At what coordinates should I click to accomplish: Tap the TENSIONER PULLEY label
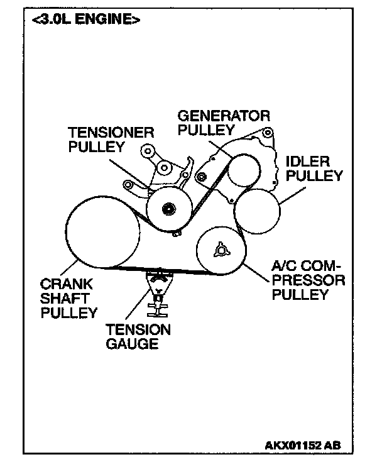112,139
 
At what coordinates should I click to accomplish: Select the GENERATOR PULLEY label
224,123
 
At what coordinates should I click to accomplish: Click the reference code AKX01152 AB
303,445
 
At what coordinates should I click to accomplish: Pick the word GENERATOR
224,116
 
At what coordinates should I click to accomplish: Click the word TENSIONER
112,132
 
